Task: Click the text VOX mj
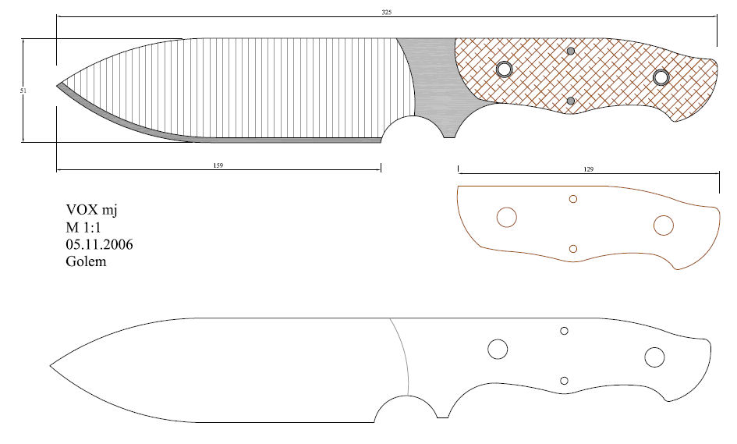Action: coord(91,210)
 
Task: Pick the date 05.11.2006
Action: coord(99,244)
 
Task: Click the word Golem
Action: coord(86,261)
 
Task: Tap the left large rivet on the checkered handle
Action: coord(504,69)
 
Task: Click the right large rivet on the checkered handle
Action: coord(661,77)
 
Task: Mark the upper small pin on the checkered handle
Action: coord(571,52)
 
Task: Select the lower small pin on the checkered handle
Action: coord(571,101)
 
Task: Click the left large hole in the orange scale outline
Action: coord(507,217)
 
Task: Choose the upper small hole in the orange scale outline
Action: coord(573,199)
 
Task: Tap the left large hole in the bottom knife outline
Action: coord(498,350)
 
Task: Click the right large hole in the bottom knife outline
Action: coord(654,357)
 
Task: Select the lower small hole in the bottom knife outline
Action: coord(565,381)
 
